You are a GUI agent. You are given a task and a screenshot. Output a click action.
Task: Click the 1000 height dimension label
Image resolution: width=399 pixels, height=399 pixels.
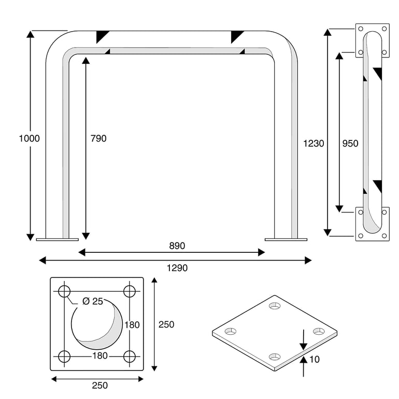coord(29,138)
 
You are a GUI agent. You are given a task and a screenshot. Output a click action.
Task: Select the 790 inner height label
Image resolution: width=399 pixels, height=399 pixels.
coord(98,138)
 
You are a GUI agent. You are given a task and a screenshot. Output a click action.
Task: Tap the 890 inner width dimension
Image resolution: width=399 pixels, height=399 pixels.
coord(176,246)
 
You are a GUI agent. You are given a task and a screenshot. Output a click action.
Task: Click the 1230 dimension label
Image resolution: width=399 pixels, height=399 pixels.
coord(314,144)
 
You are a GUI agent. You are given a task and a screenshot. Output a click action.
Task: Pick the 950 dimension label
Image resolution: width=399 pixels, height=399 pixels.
coord(350,144)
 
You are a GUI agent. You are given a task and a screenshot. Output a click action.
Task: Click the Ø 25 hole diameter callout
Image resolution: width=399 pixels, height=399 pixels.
coord(93,302)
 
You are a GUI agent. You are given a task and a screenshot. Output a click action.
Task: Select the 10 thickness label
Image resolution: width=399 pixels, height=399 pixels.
coord(314,359)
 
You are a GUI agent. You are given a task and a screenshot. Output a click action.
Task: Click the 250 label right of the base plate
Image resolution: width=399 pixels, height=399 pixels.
coord(166,324)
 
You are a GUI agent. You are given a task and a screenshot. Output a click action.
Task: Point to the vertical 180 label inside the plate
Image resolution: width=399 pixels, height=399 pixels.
coord(132,325)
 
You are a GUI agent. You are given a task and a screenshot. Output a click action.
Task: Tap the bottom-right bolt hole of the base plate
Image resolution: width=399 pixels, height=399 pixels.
coord(130,357)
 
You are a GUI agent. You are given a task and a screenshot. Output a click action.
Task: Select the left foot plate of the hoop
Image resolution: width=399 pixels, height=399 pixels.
coord(57,239)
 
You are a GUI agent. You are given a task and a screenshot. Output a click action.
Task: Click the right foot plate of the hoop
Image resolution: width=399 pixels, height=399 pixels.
coord(286,239)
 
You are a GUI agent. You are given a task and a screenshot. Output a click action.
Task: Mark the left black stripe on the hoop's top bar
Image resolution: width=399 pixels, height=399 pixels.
coord(102,37)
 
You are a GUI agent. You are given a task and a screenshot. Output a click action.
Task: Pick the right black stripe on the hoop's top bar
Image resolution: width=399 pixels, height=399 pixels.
coord(237,37)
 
